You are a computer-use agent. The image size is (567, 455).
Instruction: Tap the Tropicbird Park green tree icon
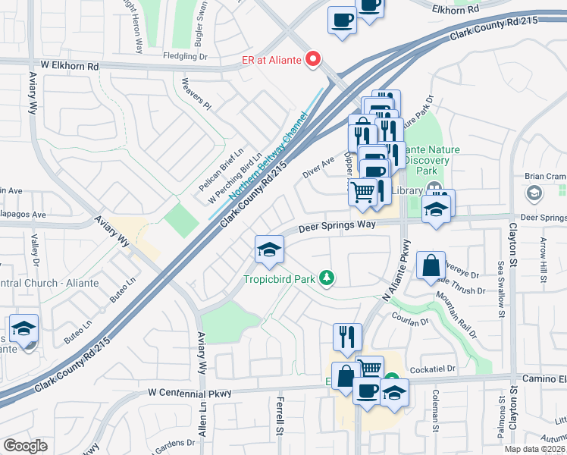coord(327,279)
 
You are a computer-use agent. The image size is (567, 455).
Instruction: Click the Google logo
coord(25,446)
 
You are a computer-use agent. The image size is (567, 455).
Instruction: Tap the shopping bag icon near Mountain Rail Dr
coord(430,266)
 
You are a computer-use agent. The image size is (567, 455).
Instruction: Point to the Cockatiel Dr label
coord(431,369)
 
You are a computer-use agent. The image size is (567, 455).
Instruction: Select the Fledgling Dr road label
coord(186,55)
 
